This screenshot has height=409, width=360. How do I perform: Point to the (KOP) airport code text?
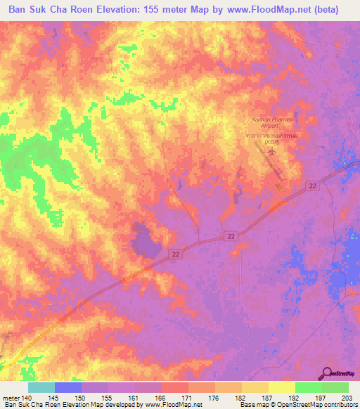click(272, 143)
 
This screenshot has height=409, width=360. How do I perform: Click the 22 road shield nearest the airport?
click(311, 185)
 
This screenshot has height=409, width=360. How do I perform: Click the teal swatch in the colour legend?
click(41, 387)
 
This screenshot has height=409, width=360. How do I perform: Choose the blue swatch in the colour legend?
click(67, 387)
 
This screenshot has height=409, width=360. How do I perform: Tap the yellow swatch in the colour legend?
click(282, 387)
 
